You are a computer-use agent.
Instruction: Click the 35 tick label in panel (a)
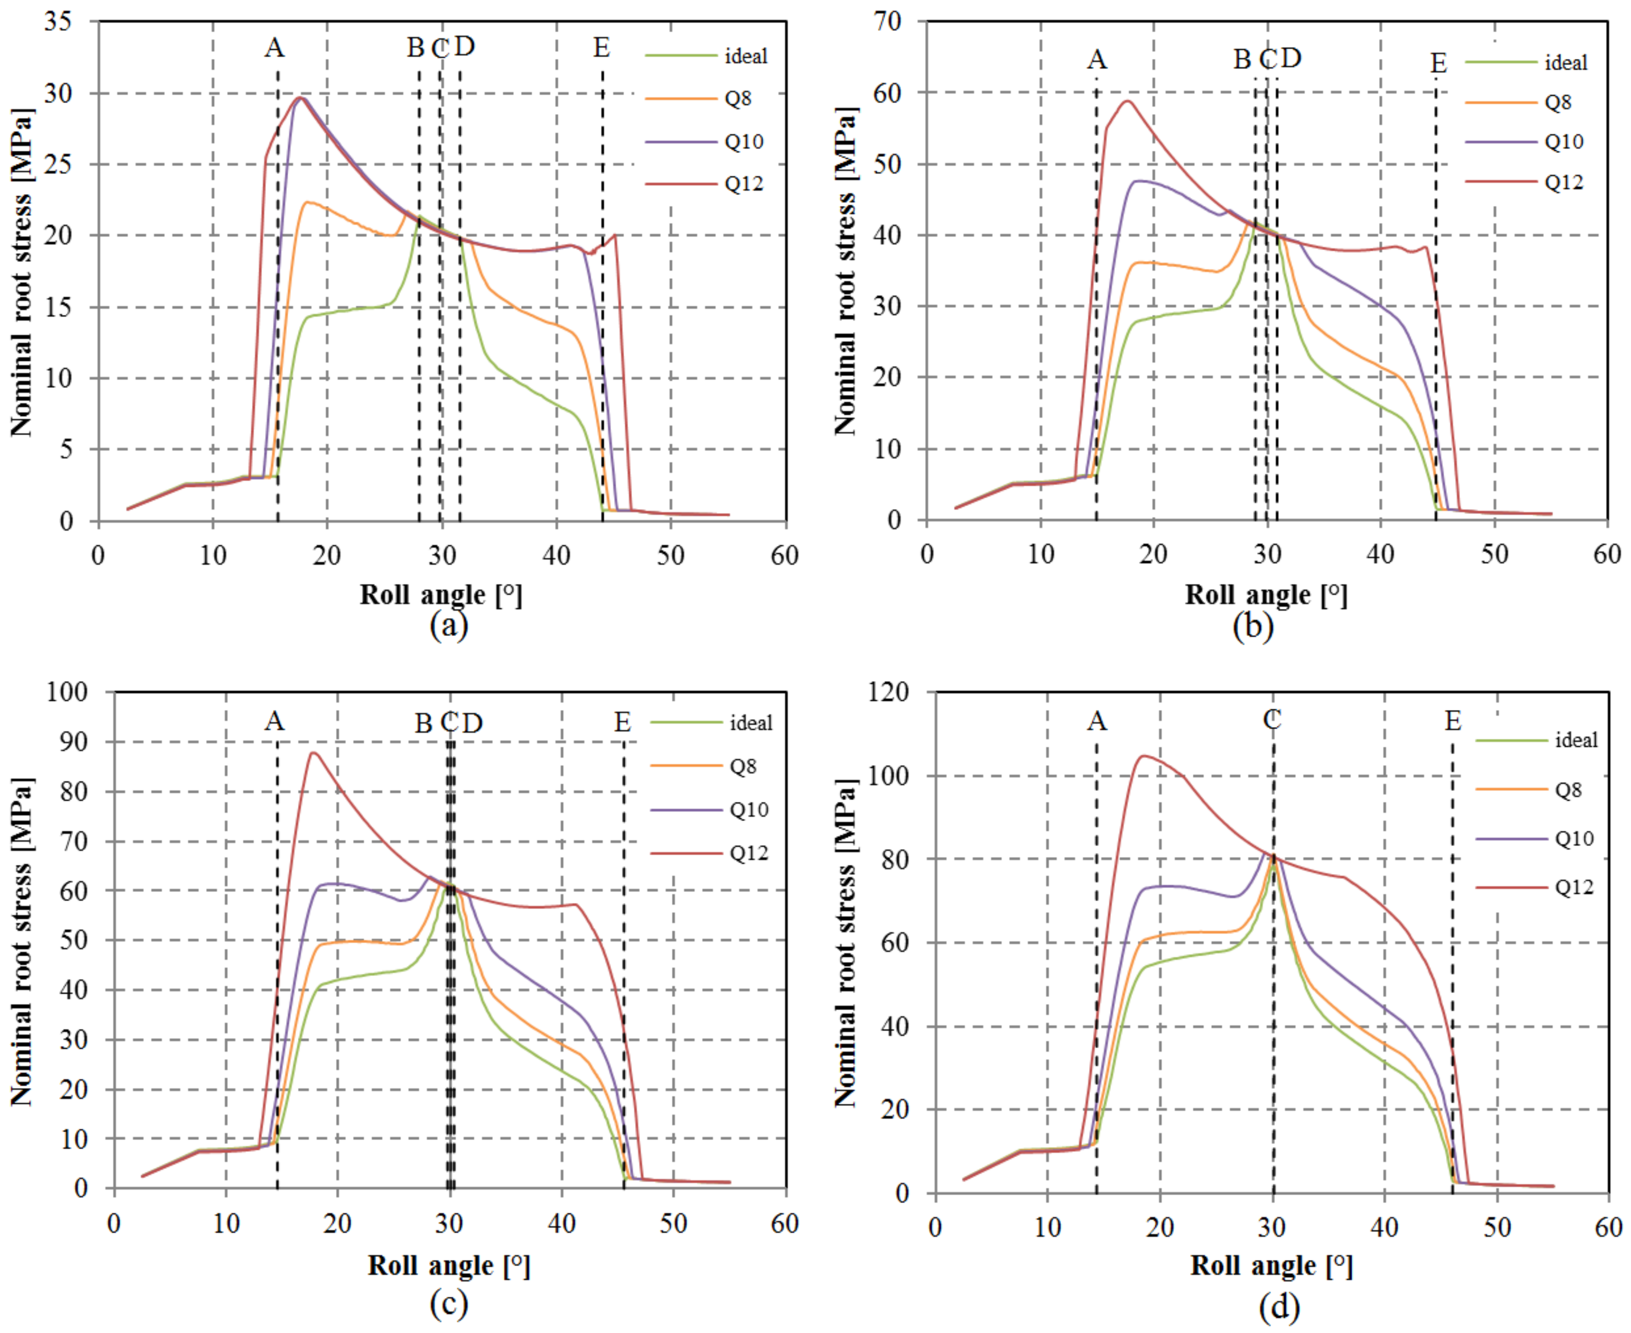tap(58, 21)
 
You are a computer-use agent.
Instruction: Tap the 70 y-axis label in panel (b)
tap(887, 21)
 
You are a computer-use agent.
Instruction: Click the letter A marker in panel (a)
tap(274, 48)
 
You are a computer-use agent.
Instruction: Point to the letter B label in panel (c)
tap(423, 723)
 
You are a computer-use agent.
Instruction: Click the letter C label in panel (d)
tap(1272, 720)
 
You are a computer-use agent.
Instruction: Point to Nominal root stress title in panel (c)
tap(21, 942)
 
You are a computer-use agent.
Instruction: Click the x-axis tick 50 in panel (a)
tap(671, 555)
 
